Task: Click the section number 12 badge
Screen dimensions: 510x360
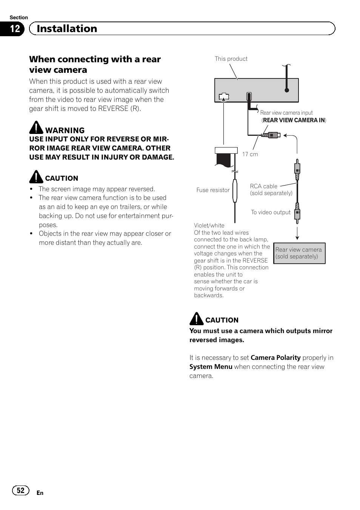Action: click(14, 29)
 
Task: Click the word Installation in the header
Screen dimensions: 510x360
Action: click(67, 29)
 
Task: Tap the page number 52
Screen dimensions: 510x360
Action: click(20, 490)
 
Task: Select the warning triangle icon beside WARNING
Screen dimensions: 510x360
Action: click(36, 127)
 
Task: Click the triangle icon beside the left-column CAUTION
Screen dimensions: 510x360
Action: click(36, 177)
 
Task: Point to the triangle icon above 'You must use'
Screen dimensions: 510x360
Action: click(196, 319)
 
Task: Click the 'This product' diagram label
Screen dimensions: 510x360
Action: click(231, 59)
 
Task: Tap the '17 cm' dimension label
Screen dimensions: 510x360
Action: click(250, 154)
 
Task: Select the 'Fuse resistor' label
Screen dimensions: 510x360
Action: click(213, 190)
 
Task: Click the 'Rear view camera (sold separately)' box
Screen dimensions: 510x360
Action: click(299, 253)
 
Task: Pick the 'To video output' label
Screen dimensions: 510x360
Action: click(271, 212)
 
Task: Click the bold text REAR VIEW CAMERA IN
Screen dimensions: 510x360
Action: click(294, 120)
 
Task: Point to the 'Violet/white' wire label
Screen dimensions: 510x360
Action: click(209, 226)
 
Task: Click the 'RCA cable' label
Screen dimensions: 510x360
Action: click(263, 186)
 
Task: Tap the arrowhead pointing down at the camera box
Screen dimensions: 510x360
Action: click(297, 238)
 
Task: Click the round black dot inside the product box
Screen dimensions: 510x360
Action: click(287, 90)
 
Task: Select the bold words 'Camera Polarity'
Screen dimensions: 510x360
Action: click(275, 358)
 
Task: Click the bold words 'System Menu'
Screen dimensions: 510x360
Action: click(211, 367)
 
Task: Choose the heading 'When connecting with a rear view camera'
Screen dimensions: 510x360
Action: click(95, 65)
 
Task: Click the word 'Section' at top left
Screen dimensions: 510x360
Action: click(18, 17)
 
